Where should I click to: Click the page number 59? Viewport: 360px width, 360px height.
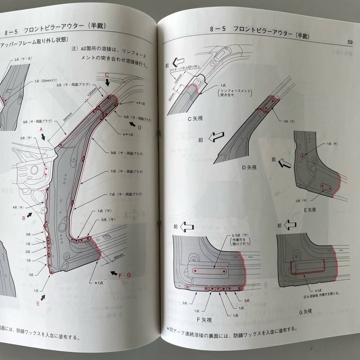click(350, 42)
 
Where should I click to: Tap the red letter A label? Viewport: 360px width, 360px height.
click(42, 129)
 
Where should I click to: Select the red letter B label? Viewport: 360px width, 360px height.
click(24, 218)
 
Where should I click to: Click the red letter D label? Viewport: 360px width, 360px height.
click(139, 128)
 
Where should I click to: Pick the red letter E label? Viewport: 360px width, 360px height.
click(38, 303)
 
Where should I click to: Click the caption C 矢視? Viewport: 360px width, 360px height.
click(195, 118)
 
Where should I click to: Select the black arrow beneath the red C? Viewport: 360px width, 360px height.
click(108, 82)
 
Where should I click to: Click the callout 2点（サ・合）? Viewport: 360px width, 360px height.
click(23, 59)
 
